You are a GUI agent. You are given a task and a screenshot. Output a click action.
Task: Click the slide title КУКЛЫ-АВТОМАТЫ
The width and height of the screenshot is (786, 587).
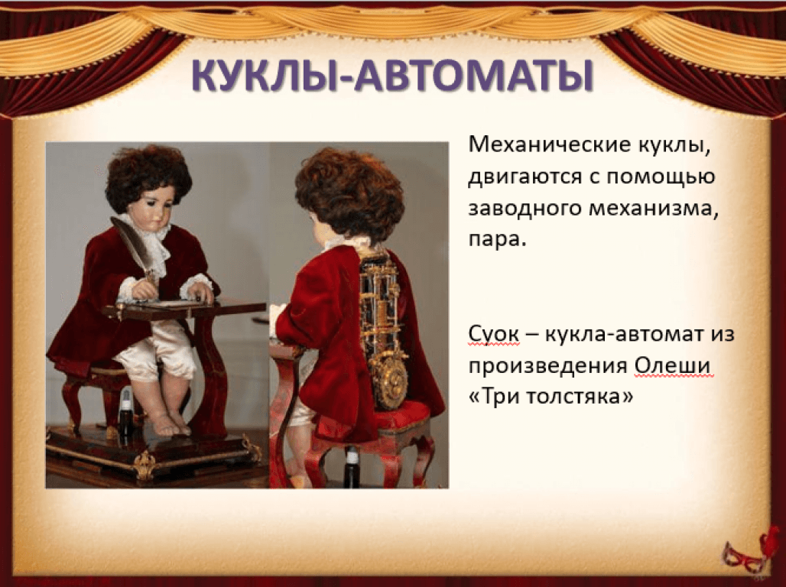392,76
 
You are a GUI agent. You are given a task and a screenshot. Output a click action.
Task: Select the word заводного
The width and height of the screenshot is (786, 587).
524,208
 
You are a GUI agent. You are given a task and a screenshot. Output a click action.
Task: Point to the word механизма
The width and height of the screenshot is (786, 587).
650,208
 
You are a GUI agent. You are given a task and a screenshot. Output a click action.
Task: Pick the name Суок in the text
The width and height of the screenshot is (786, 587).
494,334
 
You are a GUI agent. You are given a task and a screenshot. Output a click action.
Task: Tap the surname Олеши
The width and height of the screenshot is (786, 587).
672,366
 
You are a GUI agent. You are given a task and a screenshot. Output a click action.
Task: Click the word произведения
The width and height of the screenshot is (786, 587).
547,367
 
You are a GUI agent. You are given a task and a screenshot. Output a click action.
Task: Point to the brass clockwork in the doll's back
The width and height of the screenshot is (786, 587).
385,331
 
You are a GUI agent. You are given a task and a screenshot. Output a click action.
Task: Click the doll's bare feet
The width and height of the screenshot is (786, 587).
171,426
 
